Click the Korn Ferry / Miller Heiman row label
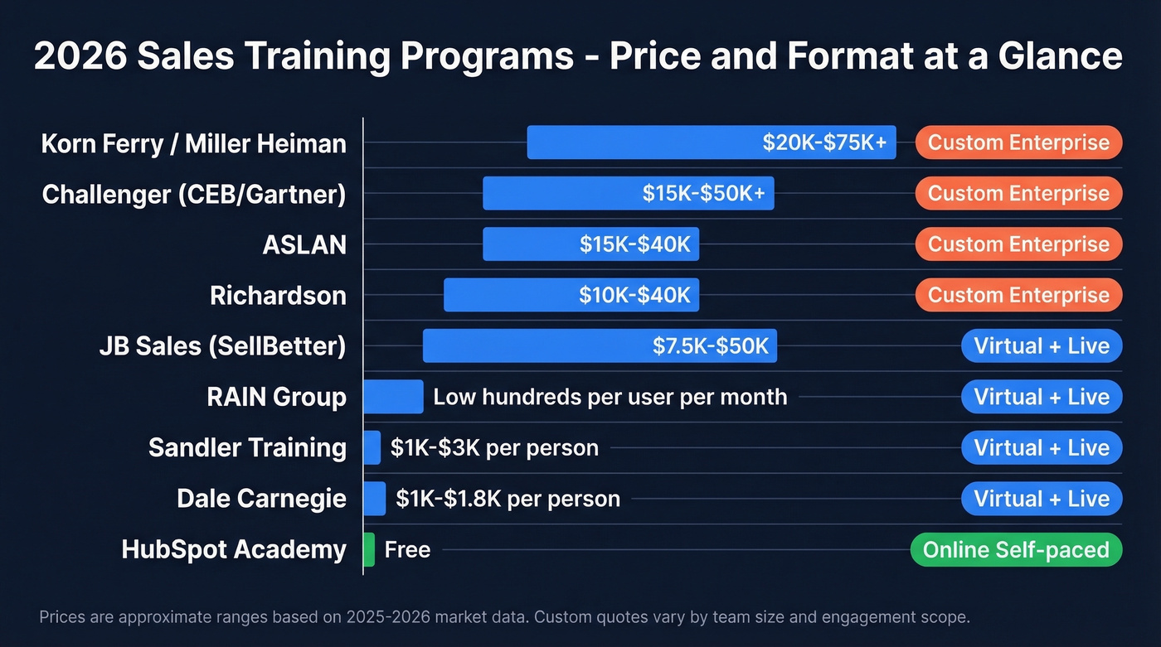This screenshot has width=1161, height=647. coord(193,143)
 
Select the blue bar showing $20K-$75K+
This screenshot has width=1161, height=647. coord(711,142)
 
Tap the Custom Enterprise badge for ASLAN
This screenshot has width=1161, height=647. coord(1018,244)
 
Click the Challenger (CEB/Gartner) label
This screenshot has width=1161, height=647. coord(194,194)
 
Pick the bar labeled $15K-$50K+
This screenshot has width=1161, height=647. coord(628,193)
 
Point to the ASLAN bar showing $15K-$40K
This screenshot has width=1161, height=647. coord(590,244)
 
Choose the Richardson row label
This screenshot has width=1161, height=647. coord(278,296)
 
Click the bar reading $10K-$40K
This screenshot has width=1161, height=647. coord(571,296)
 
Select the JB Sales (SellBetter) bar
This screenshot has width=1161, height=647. coord(599,346)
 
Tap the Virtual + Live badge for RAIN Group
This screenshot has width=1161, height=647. coord(1042,397)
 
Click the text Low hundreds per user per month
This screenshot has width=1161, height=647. coord(610,397)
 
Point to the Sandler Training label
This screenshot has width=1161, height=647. coord(247,448)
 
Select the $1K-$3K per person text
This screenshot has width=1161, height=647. coord(494,448)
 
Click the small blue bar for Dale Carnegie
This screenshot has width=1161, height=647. coord(374,499)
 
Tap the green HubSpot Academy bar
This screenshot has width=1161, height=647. coord(369,550)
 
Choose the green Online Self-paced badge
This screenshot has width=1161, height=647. coord(1016,550)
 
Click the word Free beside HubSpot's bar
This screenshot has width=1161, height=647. coord(407,550)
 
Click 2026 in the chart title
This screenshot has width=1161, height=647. coord(80,56)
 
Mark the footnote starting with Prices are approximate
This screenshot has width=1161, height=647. coord(504,617)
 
